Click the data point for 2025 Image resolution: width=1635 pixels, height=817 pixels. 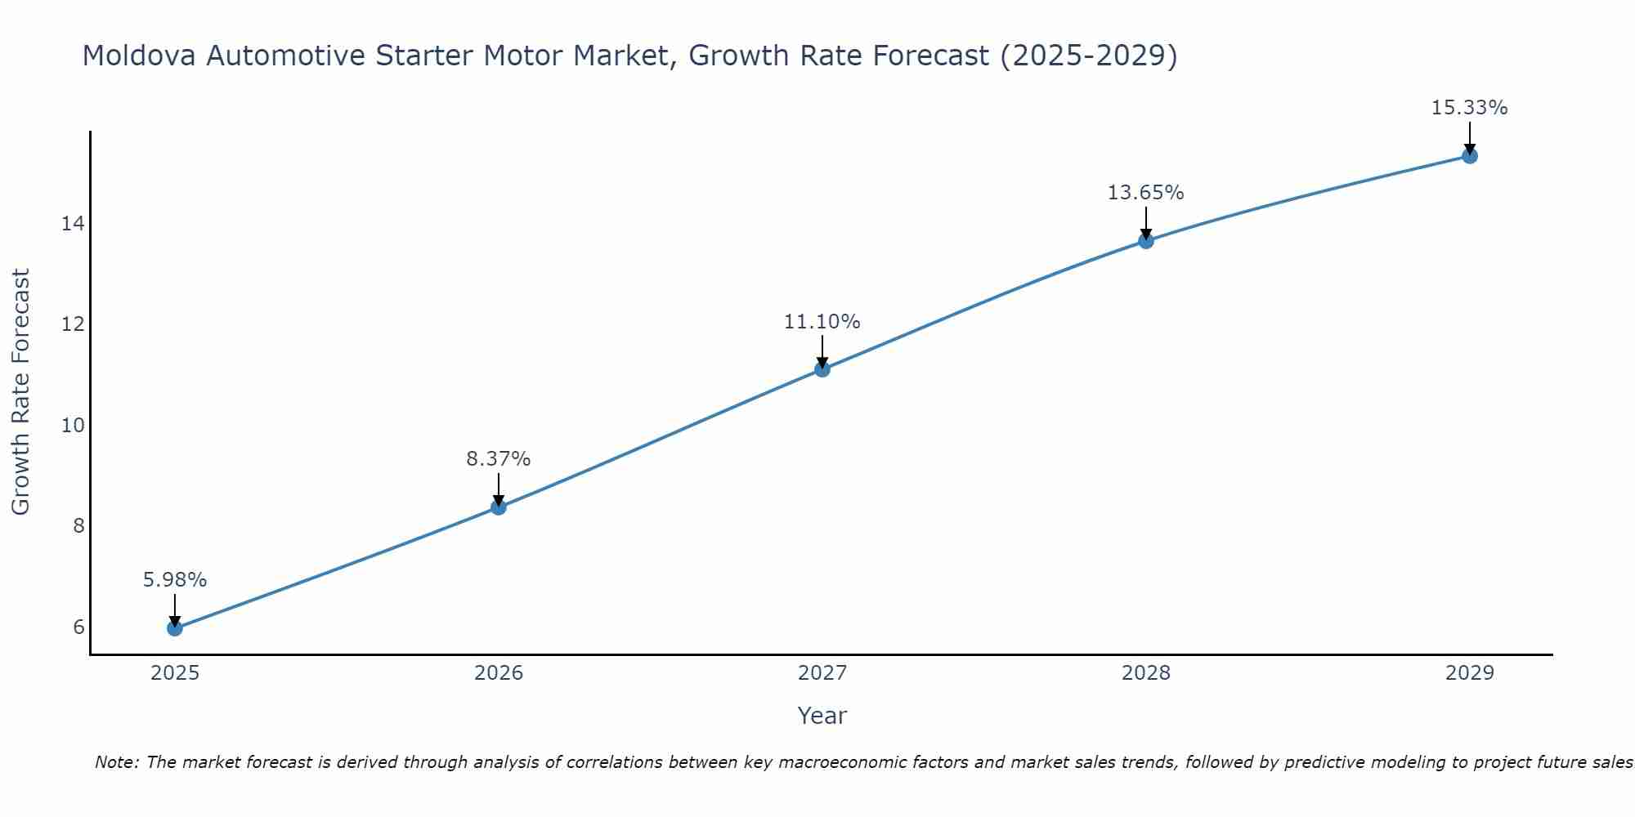pyautogui.click(x=174, y=627)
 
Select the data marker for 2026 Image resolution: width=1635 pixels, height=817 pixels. pyautogui.click(x=498, y=507)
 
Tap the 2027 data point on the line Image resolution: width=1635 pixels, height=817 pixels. pyautogui.click(x=822, y=369)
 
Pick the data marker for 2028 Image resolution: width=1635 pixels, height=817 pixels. pyautogui.click(x=1145, y=240)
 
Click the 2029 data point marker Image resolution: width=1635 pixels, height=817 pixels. pyautogui.click(x=1469, y=155)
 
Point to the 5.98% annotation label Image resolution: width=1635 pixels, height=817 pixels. pyautogui.click(x=174, y=580)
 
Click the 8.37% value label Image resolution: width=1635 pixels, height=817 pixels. pyautogui.click(x=498, y=459)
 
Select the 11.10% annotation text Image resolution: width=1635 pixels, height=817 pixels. pyautogui.click(x=822, y=322)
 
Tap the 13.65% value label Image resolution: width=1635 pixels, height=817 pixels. pyautogui.click(x=1145, y=193)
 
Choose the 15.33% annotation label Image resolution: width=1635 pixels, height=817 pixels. pyautogui.click(x=1469, y=108)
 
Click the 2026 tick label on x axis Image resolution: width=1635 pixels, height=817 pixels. pyautogui.click(x=498, y=673)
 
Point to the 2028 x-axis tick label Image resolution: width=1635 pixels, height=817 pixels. pyautogui.click(x=1145, y=673)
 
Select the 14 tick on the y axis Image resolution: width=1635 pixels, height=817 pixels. pyautogui.click(x=73, y=224)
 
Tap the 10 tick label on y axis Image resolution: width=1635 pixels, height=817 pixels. pyautogui.click(x=73, y=425)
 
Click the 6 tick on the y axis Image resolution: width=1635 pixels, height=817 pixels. pyautogui.click(x=78, y=627)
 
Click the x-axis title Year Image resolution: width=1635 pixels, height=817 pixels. pyautogui.click(x=822, y=716)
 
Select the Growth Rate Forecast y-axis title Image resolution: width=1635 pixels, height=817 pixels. pyautogui.click(x=21, y=392)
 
